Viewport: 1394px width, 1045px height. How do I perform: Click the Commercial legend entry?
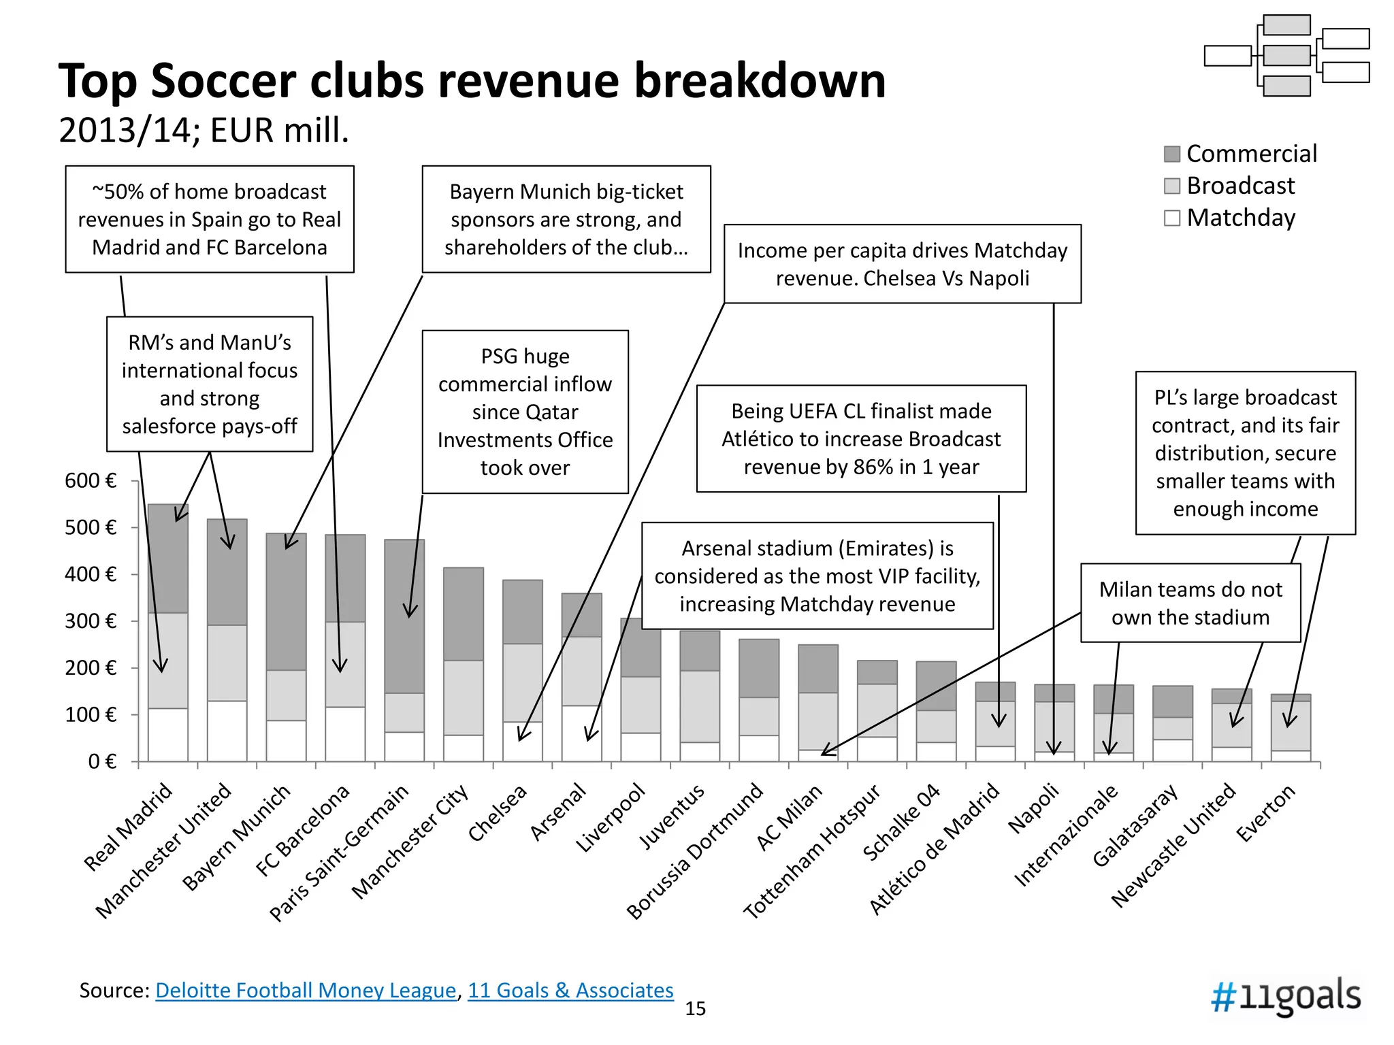(1240, 154)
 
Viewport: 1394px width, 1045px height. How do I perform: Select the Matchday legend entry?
(1229, 218)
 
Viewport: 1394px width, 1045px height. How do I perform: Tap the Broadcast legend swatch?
(1171, 186)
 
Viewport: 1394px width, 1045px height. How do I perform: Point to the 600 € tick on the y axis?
(91, 481)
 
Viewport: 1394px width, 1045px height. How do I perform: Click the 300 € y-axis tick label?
(91, 621)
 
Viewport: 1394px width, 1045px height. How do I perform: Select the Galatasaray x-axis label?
(1135, 825)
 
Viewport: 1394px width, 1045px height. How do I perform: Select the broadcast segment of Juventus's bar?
(700, 706)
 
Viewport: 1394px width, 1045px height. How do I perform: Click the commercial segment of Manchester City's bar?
(464, 614)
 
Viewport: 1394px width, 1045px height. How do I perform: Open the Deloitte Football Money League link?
(306, 991)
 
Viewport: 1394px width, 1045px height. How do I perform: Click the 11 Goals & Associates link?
(570, 991)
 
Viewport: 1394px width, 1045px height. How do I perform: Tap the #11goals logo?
(1286, 997)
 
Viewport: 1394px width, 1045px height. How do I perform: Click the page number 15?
(695, 1008)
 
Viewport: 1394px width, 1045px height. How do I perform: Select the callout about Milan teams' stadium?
(1190, 603)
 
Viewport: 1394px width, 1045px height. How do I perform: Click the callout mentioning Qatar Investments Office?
(525, 412)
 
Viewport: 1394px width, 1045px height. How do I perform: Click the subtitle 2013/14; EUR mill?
(204, 130)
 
